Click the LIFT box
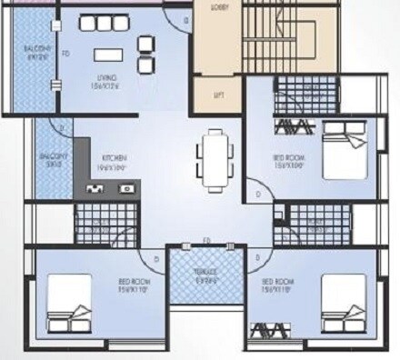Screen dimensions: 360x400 [x=219, y=94]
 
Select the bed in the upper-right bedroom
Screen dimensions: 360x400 [x=341, y=151]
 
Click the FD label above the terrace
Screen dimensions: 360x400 [x=206, y=241]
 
